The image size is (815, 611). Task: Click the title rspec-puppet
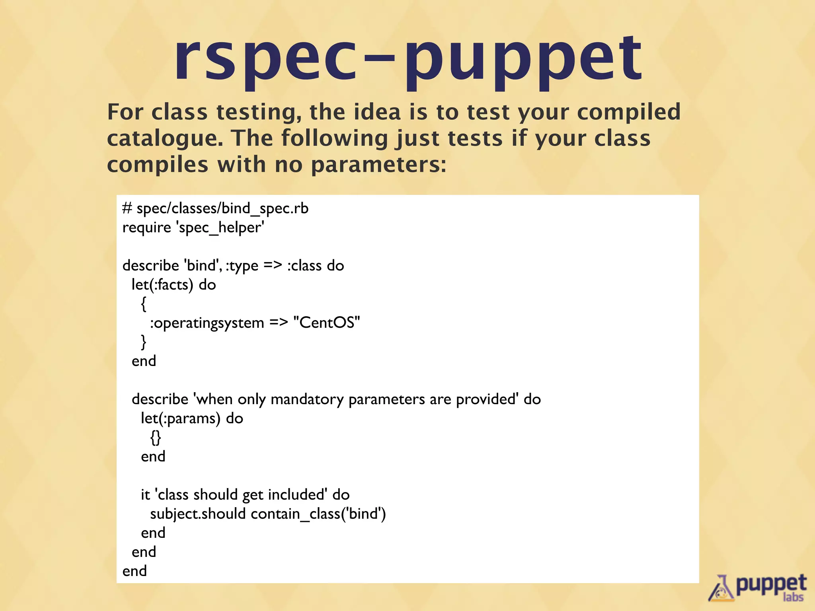coord(407,60)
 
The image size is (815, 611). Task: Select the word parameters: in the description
coord(378,165)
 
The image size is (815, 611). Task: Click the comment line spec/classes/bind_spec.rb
coord(222,208)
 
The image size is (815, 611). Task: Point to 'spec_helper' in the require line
coord(220,228)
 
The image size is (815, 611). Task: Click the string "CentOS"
coord(326,323)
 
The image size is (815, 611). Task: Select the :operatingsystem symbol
coord(207,323)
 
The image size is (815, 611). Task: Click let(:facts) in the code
coord(162,285)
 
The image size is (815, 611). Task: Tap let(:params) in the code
coord(180,418)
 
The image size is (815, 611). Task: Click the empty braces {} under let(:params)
coord(156,438)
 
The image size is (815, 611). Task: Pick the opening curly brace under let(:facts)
coord(144,304)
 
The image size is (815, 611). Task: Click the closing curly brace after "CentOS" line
coord(144,342)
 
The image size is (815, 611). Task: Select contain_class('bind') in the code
coord(318,514)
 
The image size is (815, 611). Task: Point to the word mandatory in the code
coord(307,399)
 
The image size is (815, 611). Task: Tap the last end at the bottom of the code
coord(135,571)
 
